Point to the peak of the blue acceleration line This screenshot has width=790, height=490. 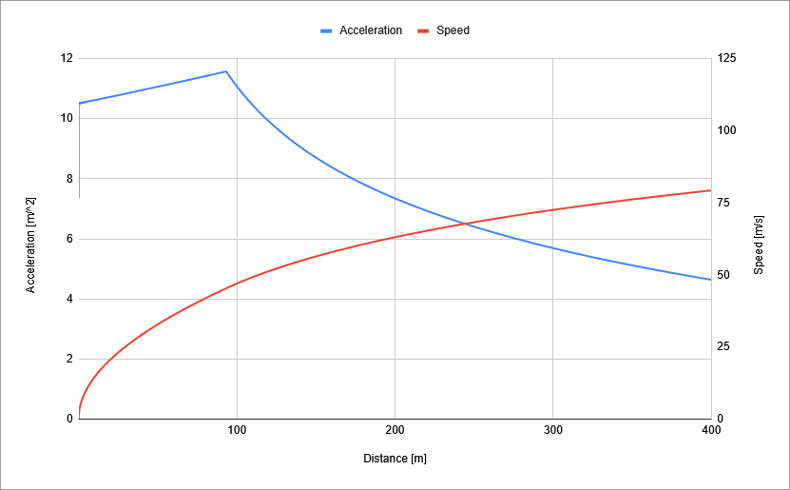point(225,71)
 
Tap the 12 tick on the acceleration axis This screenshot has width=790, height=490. point(67,58)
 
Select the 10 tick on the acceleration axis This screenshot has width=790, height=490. point(67,118)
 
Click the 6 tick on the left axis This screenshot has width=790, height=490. point(68,239)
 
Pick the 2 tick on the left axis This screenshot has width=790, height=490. point(68,359)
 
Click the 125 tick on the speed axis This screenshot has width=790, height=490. point(725,58)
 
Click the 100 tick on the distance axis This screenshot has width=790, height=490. point(238,430)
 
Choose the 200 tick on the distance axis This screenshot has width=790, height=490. point(395,430)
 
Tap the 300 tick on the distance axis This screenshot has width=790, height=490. point(553,430)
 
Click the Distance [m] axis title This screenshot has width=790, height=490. point(395,459)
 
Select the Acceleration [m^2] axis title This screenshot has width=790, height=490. point(30,245)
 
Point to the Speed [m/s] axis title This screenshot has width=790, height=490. point(759,244)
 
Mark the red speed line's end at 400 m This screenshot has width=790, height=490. point(710,190)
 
